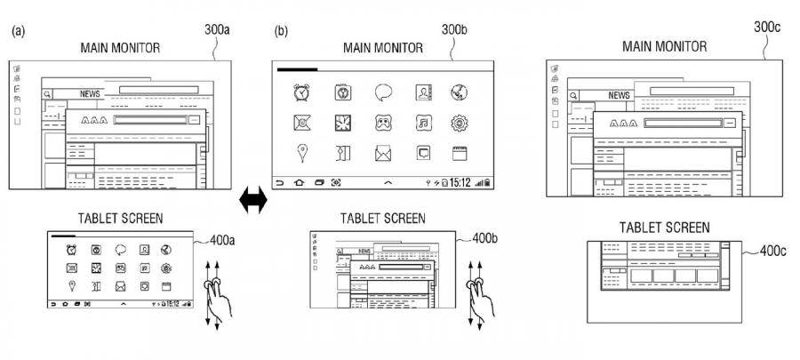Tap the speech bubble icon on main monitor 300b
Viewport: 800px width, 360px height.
coord(383,92)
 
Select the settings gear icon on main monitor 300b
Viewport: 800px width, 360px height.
coord(460,123)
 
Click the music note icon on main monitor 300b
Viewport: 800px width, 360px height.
coord(424,123)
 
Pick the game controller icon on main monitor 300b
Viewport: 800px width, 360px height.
coord(383,123)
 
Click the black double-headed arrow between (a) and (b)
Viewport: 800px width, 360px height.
coord(254,203)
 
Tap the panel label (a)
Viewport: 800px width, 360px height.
coord(18,31)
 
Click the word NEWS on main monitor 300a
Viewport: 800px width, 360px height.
coord(90,92)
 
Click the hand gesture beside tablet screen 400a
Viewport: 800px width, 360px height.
coord(216,293)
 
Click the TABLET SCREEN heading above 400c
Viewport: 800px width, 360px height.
coord(664,228)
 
